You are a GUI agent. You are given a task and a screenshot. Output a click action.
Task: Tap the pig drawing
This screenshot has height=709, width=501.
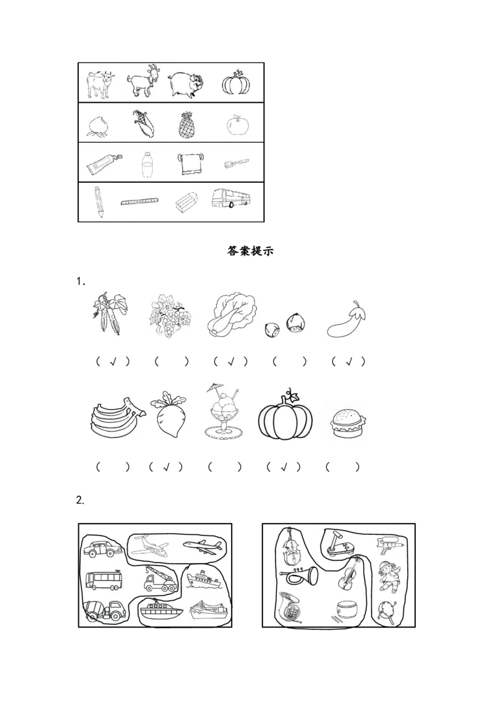tap(186, 84)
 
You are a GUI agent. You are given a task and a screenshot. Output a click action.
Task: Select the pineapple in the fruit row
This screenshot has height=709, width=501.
tap(186, 123)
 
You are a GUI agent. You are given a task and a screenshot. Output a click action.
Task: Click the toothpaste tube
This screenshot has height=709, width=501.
tap(104, 164)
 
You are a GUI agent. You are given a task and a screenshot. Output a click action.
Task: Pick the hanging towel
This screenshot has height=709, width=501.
tap(190, 163)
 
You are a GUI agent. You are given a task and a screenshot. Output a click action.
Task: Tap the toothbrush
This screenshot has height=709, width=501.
tap(237, 163)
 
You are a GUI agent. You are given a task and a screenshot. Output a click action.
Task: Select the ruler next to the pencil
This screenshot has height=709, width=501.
tap(140, 201)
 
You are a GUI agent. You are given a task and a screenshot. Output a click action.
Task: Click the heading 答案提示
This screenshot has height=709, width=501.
tap(250, 251)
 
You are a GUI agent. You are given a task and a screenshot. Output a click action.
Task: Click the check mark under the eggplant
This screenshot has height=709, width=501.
tap(349, 362)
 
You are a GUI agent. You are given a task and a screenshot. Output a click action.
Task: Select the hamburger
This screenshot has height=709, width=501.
tap(348, 423)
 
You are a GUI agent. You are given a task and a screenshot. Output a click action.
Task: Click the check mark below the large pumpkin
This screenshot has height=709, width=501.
tap(284, 467)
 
